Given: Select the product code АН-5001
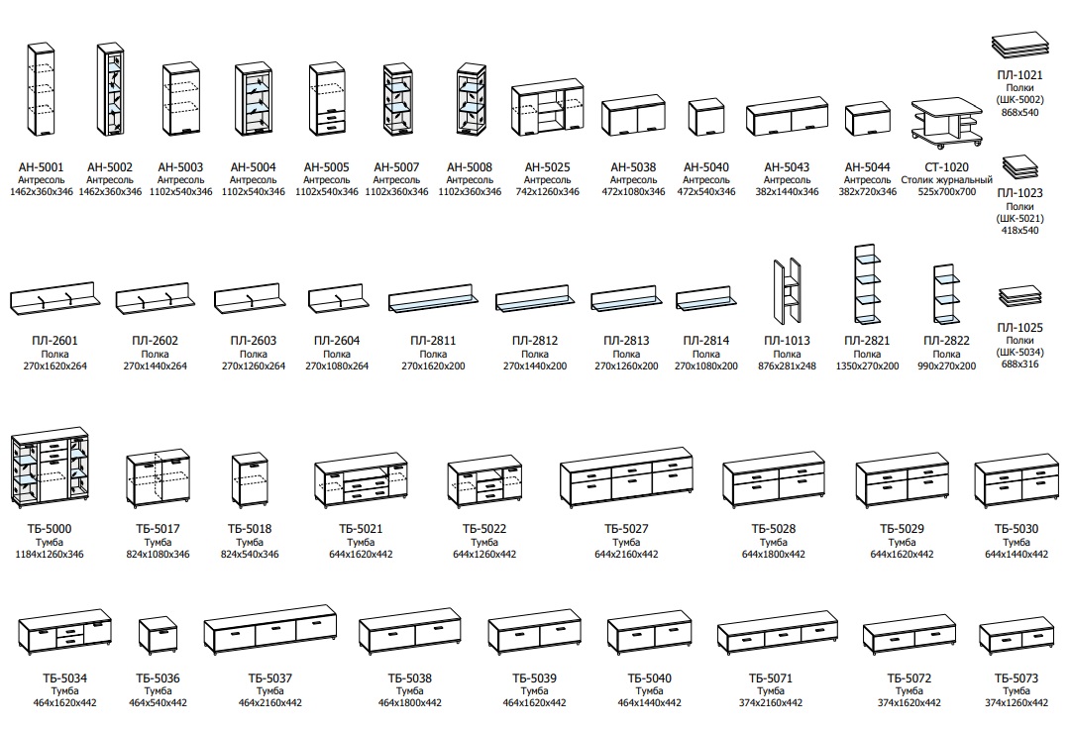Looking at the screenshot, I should (42, 167).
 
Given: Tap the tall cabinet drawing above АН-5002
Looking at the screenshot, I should (113, 90).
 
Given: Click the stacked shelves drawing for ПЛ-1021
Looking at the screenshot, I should (1018, 45).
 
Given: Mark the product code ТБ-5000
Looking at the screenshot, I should (49, 529).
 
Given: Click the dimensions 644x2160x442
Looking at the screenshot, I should (626, 555).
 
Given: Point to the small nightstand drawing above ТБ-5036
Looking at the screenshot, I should (158, 638).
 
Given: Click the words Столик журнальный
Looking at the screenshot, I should (946, 179).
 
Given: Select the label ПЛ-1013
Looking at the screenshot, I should (787, 341).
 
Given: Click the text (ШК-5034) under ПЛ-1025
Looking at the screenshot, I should (1018, 353).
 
